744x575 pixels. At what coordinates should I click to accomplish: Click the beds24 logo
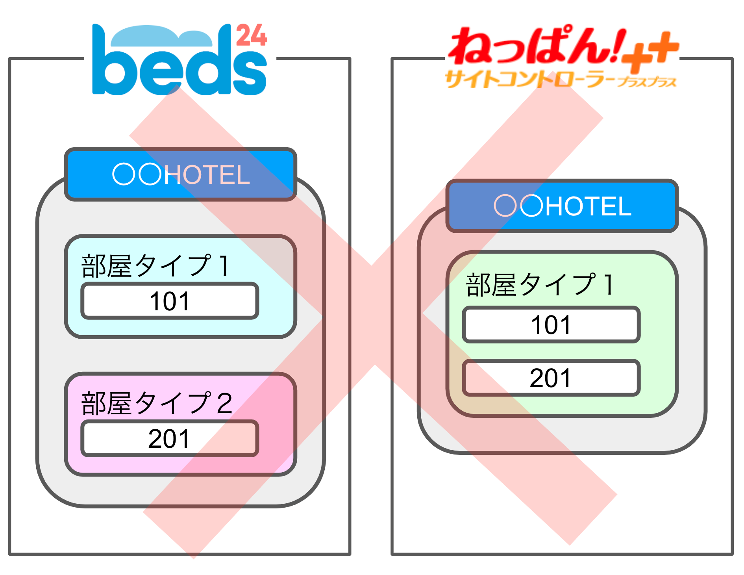[x=180, y=59]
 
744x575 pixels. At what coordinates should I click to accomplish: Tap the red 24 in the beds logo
[x=252, y=35]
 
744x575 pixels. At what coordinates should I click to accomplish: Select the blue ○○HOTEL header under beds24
[x=181, y=174]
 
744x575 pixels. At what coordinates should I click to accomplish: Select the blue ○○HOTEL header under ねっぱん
[x=562, y=206]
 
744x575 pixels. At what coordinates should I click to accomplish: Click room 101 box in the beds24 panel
[x=170, y=301]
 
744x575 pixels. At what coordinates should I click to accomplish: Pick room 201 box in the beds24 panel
[x=170, y=438]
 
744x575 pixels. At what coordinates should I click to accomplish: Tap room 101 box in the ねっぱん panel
[x=551, y=325]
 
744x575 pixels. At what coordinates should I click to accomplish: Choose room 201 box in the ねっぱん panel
[x=551, y=378]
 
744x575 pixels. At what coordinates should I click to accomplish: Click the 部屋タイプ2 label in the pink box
[x=157, y=403]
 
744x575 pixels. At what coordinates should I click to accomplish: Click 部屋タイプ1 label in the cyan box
[x=155, y=265]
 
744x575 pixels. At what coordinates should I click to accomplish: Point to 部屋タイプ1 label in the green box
[x=540, y=284]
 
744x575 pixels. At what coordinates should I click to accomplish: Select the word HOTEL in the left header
[x=207, y=175]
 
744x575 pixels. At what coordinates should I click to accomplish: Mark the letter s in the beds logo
[x=250, y=74]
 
